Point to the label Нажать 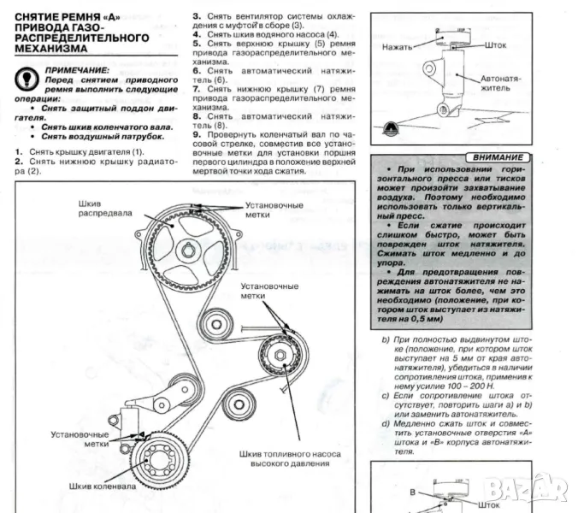(398, 46)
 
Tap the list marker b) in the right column (386, 340)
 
